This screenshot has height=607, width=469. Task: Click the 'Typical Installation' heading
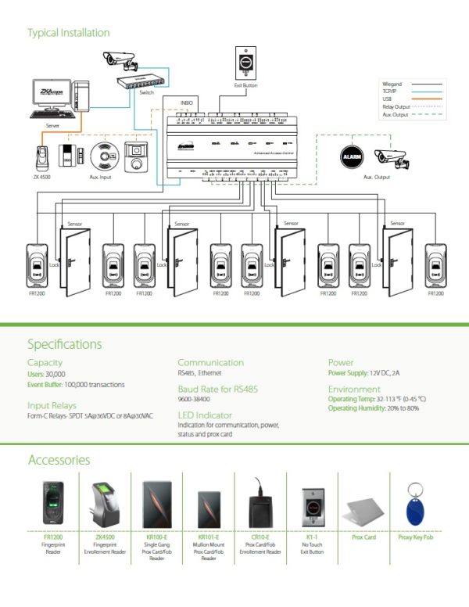click(68, 33)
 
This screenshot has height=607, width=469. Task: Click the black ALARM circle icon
click(350, 156)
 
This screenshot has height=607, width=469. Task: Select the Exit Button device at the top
click(245, 62)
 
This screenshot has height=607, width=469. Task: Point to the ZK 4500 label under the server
click(44, 178)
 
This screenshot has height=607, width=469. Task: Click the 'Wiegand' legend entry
click(392, 83)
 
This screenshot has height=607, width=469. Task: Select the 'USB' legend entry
click(387, 99)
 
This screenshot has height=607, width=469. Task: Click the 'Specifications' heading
click(64, 343)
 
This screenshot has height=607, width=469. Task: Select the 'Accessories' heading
click(59, 460)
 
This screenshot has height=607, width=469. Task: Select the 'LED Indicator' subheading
click(205, 415)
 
